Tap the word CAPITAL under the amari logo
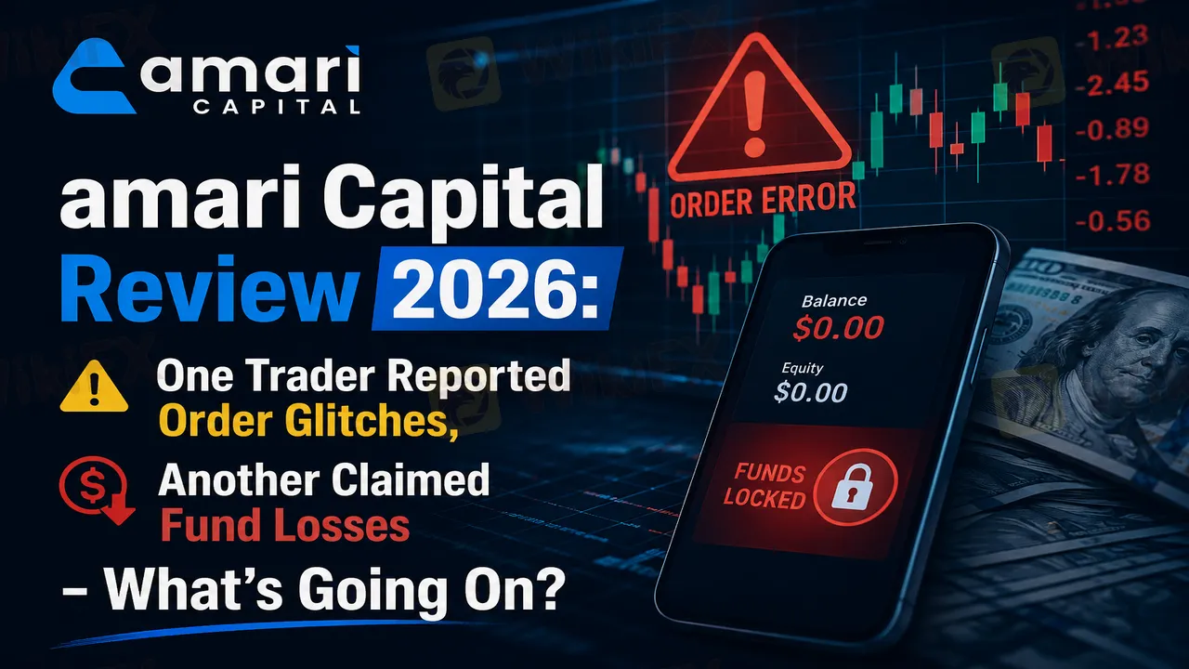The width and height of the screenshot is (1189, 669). tap(277, 107)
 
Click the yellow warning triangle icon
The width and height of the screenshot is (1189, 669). tap(94, 387)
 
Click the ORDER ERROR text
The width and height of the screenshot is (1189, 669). tap(763, 200)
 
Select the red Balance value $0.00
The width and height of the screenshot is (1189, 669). tap(838, 328)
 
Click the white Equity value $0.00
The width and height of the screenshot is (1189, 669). tap(811, 392)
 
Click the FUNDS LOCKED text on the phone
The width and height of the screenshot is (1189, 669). tap(765, 486)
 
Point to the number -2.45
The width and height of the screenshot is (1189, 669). tap(1112, 84)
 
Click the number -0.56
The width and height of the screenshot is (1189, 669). tap(1113, 221)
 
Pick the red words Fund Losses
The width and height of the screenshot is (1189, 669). tap(285, 525)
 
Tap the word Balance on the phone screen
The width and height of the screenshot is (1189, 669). tap(834, 301)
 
